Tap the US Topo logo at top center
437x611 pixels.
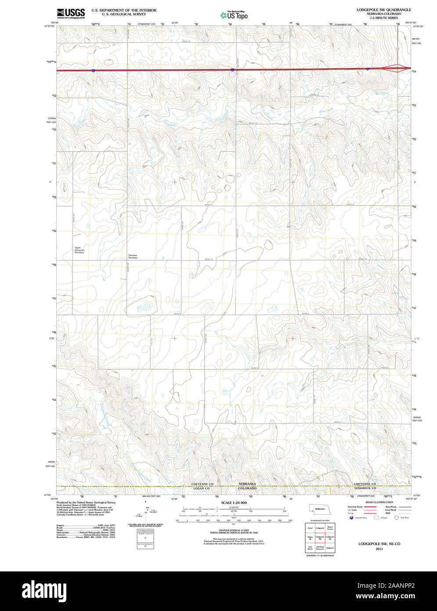234,15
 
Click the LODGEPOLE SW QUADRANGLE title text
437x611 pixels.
383,9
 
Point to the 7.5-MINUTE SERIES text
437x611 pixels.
383,18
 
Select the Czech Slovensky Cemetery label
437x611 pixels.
79,250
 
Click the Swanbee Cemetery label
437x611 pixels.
133,256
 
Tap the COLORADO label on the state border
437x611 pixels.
247,488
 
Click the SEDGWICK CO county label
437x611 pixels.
365,488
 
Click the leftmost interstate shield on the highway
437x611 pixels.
94,70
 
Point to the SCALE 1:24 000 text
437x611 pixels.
234,502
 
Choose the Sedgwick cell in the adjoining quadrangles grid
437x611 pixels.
330,548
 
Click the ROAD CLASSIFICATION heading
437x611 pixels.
379,502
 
